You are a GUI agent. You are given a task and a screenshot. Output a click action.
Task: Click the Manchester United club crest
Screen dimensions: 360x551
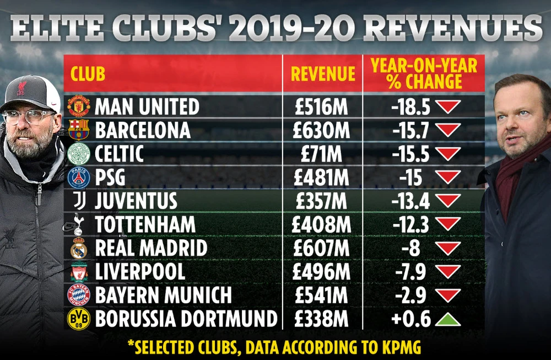pos(78,106)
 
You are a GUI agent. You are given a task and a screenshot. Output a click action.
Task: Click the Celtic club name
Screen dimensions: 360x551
pos(119,154)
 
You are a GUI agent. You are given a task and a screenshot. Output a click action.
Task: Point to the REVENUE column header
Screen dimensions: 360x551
pos(323,74)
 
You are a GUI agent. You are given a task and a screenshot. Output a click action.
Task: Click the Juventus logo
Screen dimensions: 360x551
pos(78,201)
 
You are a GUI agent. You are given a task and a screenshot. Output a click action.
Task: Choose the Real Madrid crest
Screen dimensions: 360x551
pos(78,249)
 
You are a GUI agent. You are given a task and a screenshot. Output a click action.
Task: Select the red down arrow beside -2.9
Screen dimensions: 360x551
pos(449,295)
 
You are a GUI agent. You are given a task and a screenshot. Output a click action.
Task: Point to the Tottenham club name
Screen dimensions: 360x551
pos(145,224)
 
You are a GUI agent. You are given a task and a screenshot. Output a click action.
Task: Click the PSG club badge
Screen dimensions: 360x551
pos(78,178)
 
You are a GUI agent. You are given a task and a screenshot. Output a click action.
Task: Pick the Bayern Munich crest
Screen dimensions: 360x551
pos(78,295)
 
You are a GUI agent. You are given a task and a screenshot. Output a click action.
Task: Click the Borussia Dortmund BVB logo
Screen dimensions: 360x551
pos(78,319)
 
